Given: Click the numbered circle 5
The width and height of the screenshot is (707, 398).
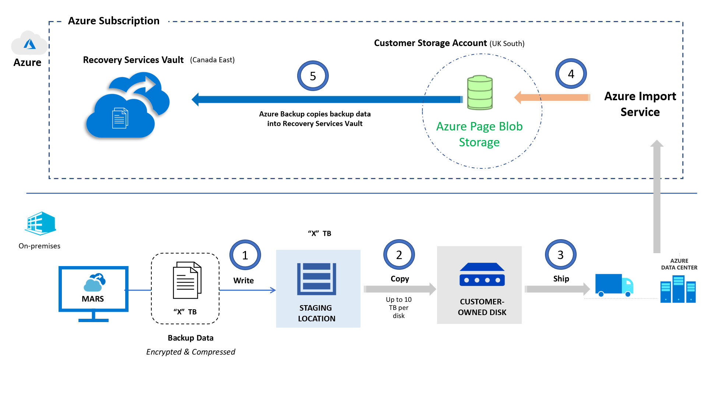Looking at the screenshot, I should [313, 76].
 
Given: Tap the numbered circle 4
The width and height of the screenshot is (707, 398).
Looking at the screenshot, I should [571, 74].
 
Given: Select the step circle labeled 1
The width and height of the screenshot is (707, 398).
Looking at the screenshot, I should [245, 255].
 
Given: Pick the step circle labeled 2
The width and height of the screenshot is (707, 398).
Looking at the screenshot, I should [399, 255].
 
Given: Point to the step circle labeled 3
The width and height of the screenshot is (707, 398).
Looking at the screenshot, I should [560, 255].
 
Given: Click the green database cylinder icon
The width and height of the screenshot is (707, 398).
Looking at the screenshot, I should [480, 92].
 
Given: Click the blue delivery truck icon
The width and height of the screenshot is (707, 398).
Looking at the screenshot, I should [614, 285].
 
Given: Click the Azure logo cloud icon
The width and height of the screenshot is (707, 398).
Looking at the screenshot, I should [29, 43].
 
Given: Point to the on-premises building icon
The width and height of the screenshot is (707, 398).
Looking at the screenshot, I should [40, 223].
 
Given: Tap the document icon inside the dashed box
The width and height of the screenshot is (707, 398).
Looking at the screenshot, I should [187, 280].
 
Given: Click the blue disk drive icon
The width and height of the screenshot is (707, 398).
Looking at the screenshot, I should [482, 275].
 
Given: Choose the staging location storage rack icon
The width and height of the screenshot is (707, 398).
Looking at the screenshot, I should [316, 279].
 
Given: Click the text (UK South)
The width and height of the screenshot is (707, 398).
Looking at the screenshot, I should [507, 43].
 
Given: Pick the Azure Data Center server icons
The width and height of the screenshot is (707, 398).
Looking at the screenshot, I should [678, 289].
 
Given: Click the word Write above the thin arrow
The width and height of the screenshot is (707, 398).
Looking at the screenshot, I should [243, 280].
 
